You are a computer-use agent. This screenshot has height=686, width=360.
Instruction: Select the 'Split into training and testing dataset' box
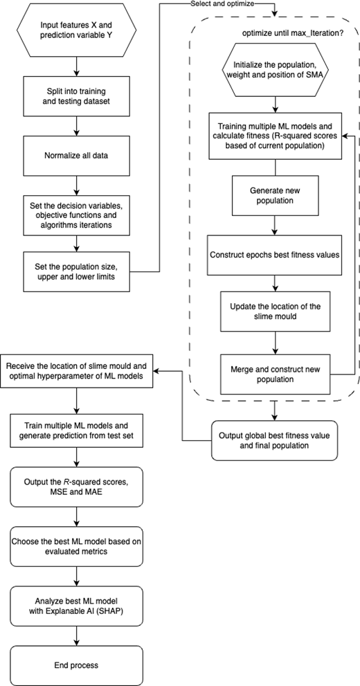[77, 97]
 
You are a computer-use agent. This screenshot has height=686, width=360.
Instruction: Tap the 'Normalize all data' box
[77, 156]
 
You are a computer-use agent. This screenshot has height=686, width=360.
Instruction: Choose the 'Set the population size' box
[77, 271]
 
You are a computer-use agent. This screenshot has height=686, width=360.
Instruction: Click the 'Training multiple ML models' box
[275, 136]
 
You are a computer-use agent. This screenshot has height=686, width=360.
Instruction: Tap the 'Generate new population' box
[275, 197]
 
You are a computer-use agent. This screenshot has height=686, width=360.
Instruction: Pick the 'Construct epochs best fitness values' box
[275, 255]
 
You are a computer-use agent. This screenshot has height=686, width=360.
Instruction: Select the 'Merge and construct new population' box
[275, 374]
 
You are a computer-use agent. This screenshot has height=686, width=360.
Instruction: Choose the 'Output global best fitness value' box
[275, 440]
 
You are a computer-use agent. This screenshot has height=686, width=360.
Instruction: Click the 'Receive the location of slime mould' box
[77, 370]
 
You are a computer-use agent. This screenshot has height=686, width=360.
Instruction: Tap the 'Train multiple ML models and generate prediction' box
[77, 430]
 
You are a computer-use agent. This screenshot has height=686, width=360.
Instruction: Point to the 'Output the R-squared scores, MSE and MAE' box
[77, 487]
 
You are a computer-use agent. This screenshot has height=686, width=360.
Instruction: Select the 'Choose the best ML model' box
[77, 546]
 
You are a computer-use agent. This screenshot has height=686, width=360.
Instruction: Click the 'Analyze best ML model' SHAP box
[77, 606]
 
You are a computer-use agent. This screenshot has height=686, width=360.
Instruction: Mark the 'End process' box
[77, 665]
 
